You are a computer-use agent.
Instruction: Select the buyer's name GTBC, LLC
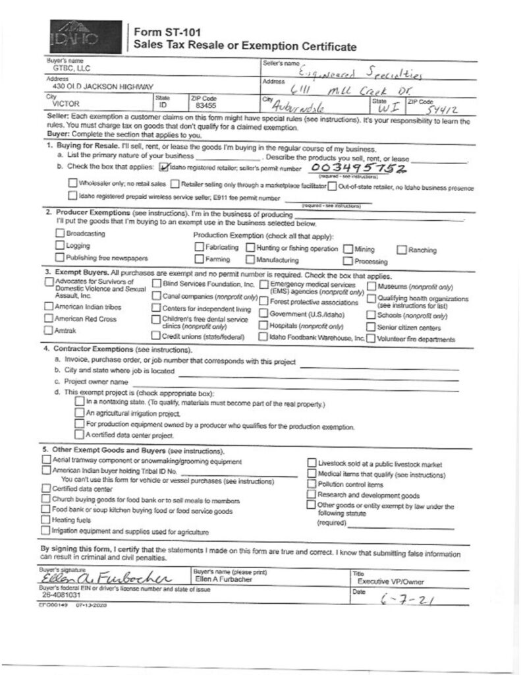click(x=62, y=68)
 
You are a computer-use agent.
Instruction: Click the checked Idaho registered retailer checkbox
click(x=165, y=168)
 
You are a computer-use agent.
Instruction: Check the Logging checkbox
click(x=61, y=246)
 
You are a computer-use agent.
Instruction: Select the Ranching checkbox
click(x=402, y=249)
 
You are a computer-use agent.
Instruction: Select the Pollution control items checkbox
click(x=312, y=484)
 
